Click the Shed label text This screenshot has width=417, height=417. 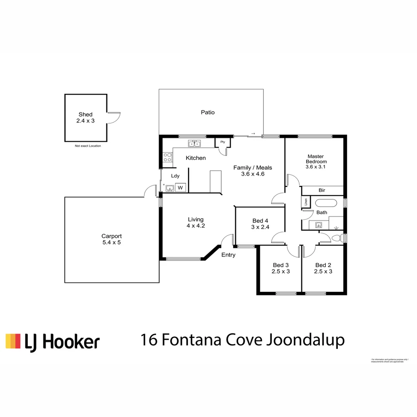click(85, 115)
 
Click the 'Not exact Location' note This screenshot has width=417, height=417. click(88, 146)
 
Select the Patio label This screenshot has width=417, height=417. click(207, 112)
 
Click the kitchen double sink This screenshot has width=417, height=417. click(195, 144)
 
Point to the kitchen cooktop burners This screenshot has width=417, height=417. click(168, 157)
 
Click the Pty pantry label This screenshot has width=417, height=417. click(223, 142)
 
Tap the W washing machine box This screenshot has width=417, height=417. click(180, 188)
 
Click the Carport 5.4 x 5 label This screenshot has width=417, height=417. click(112, 239)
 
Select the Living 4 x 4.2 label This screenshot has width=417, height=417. click(195, 222)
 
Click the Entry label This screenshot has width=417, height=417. click(228, 255)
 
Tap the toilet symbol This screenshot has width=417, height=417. click(337, 238)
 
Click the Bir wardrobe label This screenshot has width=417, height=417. click(322, 190)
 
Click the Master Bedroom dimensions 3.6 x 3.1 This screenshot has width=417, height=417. click(316, 167)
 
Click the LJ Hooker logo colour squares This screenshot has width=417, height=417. click(13, 341)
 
